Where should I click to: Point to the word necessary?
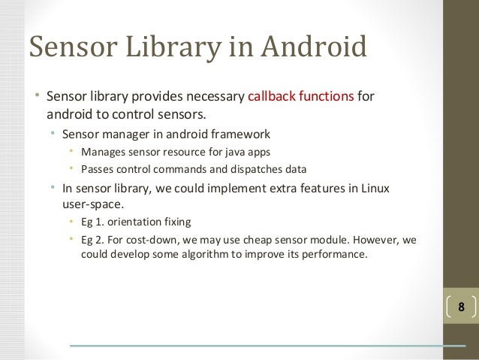coord(215,98)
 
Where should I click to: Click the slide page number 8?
coord(461,307)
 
